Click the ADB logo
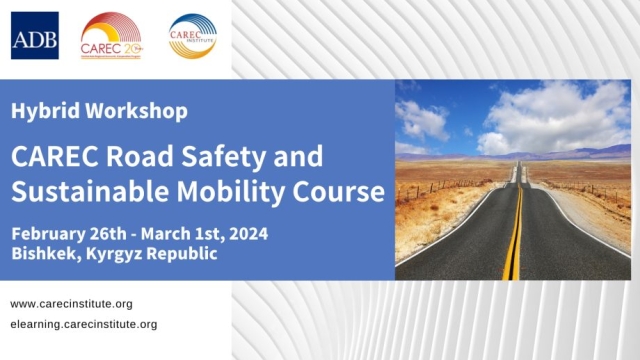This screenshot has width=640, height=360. coord(35,36)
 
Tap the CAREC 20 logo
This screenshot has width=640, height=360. coord(112,36)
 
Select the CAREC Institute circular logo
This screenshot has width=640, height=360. coord(192,36)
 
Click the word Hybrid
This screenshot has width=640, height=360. coord(42,111)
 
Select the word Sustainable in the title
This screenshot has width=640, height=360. coord(81,190)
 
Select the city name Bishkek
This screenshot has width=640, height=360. coord(45,254)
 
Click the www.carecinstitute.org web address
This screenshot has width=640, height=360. coord(71,304)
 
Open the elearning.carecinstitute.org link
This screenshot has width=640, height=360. coord(84,324)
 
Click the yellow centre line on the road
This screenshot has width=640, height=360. coord(513,240)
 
